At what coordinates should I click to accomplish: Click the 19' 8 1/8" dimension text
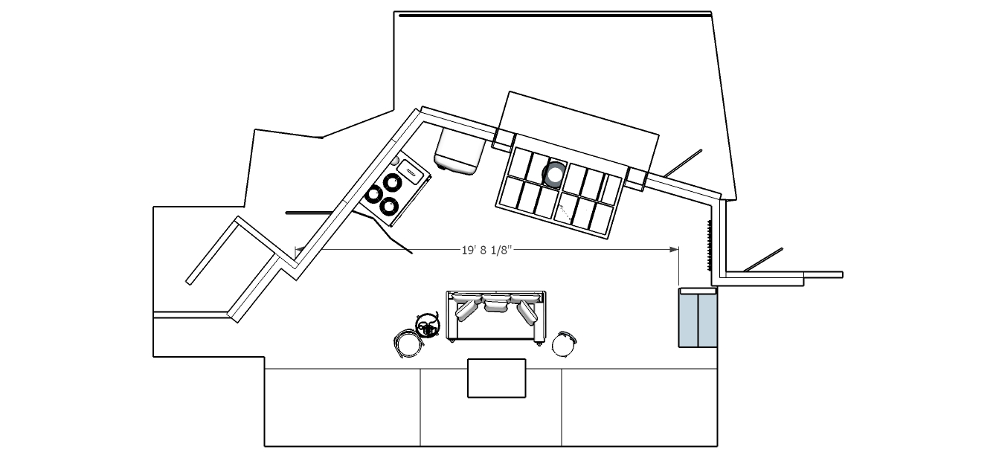[487, 250]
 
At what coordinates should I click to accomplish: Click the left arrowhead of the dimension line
[300, 250]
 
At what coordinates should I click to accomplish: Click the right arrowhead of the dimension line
[674, 250]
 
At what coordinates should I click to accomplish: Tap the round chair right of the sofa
[565, 344]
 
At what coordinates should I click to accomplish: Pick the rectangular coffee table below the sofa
[497, 378]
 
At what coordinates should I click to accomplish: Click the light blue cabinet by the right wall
[698, 317]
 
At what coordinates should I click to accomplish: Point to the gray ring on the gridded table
[554, 174]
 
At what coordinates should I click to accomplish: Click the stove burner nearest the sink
[392, 182]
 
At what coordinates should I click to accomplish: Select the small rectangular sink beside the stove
[410, 171]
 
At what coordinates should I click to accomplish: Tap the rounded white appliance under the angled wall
[459, 151]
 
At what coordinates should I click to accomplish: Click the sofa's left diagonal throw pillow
[464, 310]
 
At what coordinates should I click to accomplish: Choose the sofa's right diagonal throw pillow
[527, 312]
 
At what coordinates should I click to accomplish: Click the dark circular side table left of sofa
[428, 325]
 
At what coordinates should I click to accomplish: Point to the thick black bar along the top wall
[555, 16]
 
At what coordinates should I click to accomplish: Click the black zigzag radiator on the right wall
[709, 245]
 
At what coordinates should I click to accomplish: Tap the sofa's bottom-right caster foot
[539, 343]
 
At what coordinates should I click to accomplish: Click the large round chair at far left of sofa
[408, 343]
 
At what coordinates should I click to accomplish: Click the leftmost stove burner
[373, 194]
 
